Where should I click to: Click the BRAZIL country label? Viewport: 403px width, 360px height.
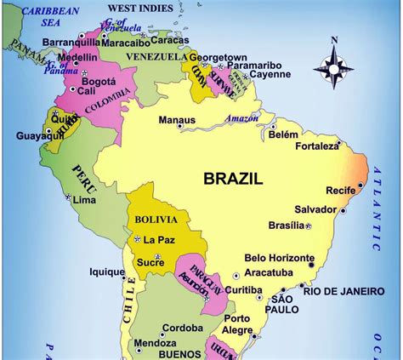point(233,178)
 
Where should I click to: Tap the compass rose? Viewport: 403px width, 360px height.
point(334,66)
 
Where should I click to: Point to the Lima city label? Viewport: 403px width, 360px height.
point(84,200)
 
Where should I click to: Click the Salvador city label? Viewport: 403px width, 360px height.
point(315,209)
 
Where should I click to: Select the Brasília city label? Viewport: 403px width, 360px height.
point(285,225)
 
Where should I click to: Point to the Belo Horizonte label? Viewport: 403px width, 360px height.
point(280,258)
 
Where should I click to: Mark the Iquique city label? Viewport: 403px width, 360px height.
point(107,272)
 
